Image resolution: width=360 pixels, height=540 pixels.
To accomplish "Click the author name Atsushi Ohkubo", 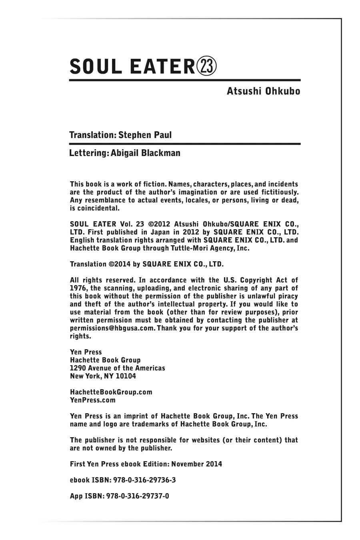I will pyautogui.click(x=263, y=91).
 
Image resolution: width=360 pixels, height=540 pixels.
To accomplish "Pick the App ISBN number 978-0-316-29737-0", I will pyautogui.click(x=138, y=496).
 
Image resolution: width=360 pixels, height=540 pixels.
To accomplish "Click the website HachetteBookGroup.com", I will pyautogui.click(x=111, y=392).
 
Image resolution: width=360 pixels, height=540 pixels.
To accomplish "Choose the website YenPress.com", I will pyautogui.click(x=93, y=400).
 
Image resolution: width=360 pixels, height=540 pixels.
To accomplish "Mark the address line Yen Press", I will pyautogui.click(x=86, y=352).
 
